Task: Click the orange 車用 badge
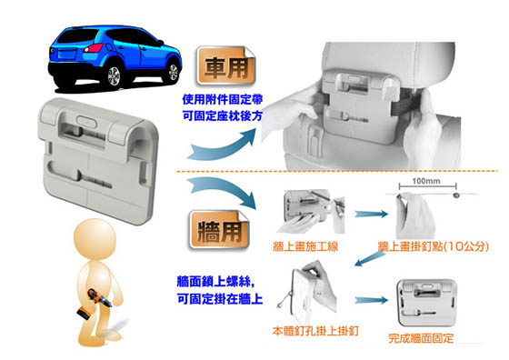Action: coord(226,65)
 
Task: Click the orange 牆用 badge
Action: coord(219,230)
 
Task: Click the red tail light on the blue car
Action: coord(94,48)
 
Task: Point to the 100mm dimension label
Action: coord(426,181)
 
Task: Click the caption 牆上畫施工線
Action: coord(305,246)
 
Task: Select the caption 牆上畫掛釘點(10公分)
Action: coord(434,246)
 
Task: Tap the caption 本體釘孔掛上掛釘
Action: coord(315,331)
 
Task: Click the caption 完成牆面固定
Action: coord(421,338)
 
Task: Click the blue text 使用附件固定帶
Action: coord(223,99)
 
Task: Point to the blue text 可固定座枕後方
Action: coord(223,115)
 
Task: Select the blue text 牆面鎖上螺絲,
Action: coord(216,281)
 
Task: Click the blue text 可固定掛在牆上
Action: coord(220,299)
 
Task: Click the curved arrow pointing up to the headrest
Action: coord(224,146)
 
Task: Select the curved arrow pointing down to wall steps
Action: coord(224,192)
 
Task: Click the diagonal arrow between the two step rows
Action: coord(369,259)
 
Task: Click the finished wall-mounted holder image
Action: coord(427,303)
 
